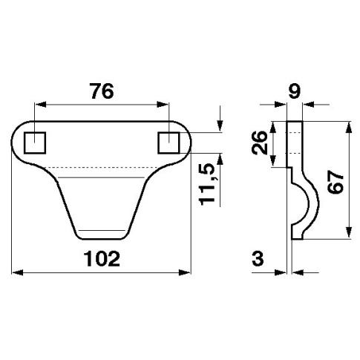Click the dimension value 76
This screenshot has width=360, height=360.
click(102, 91)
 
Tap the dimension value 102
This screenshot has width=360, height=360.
click(102, 258)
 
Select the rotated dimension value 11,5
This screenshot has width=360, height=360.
click(207, 184)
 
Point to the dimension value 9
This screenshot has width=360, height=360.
click(295, 91)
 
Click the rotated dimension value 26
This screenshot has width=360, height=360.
click(260, 143)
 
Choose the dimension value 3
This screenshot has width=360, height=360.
click(258, 258)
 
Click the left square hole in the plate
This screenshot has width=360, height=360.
click(35, 143)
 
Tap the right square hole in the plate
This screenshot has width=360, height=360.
click(168, 143)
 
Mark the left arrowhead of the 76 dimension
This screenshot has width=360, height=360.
click(41, 105)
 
